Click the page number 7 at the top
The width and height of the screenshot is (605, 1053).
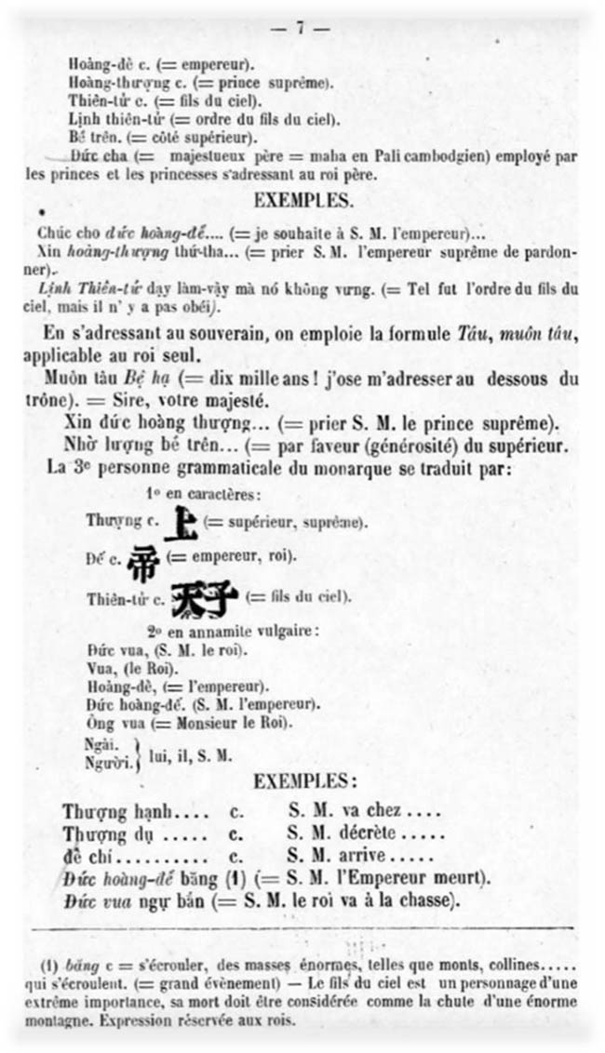click(x=301, y=28)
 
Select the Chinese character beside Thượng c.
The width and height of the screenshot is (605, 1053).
click(x=178, y=524)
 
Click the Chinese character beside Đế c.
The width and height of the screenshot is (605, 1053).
click(x=143, y=562)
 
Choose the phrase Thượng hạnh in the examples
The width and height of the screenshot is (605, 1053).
click(x=104, y=811)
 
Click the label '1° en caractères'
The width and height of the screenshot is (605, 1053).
click(x=204, y=492)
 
